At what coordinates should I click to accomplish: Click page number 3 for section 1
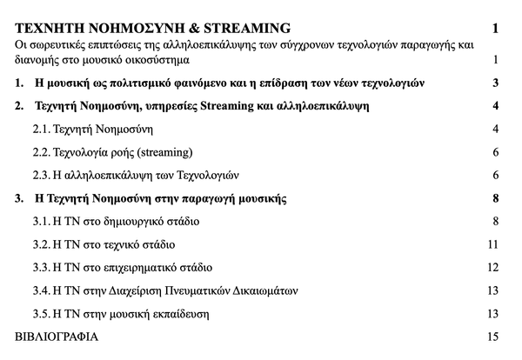coord(494,84)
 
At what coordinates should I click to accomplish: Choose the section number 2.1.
coord(42,130)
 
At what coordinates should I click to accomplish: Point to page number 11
coord(492,244)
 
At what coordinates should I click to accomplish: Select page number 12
coord(492,267)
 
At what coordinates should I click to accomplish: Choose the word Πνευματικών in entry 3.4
coord(198,290)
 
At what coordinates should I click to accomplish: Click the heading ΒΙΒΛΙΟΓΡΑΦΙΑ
coord(57,336)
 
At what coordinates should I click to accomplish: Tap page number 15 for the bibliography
coord(492,336)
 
